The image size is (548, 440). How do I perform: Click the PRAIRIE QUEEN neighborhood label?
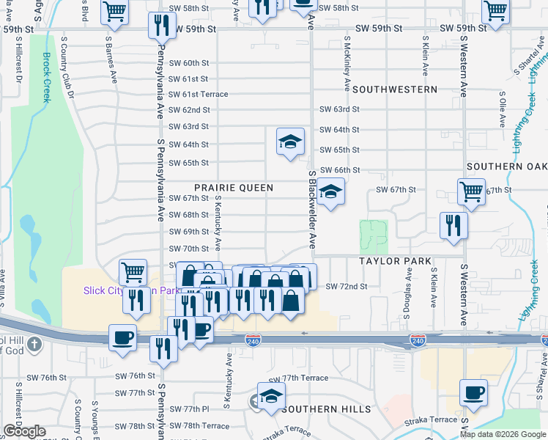(x=234, y=188)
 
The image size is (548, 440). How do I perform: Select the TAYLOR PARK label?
(x=394, y=261)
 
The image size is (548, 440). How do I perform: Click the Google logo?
(x=24, y=431)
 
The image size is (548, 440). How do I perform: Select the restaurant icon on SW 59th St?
(x=161, y=26)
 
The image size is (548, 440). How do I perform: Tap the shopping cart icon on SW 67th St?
(x=471, y=192)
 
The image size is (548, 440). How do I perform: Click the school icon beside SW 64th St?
(x=290, y=141)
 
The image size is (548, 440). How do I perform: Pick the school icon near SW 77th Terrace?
(x=271, y=395)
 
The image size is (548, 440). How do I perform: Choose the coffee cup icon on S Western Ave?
(x=473, y=392)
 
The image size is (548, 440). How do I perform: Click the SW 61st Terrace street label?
(x=199, y=95)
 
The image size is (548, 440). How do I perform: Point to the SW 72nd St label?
(x=346, y=286)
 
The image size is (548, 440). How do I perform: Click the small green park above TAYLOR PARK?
(x=373, y=235)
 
